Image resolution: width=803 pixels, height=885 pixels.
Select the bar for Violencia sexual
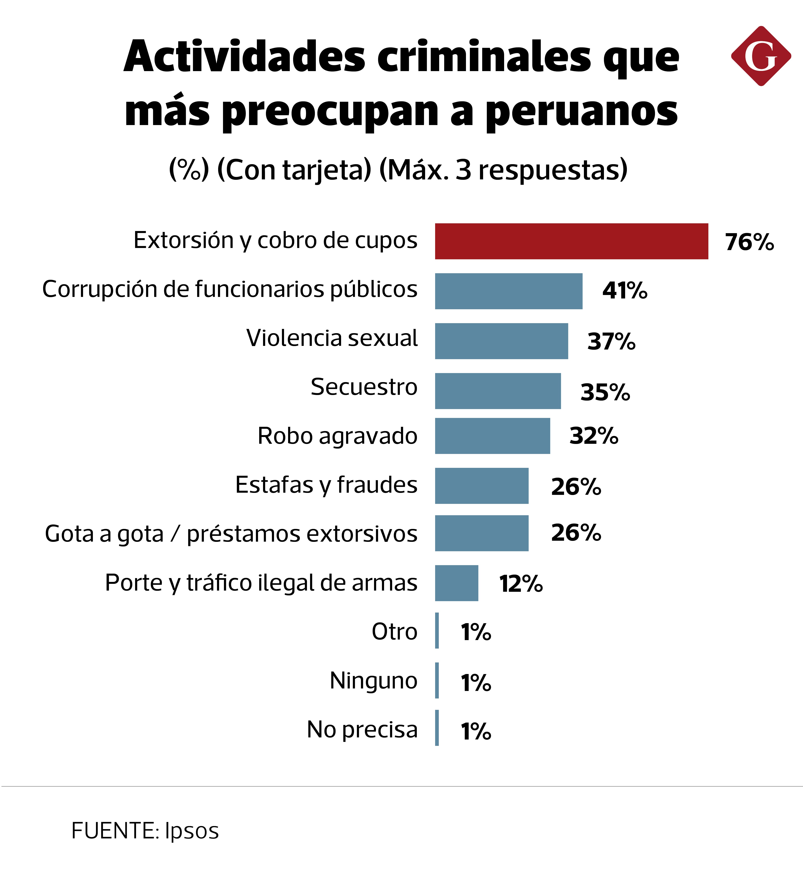[501, 341]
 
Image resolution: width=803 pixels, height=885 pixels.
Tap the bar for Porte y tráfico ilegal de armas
[457, 583]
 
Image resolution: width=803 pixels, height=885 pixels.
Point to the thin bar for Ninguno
[437, 680]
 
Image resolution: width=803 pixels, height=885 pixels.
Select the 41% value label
[624, 291]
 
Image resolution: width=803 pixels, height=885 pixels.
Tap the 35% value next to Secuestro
[605, 392]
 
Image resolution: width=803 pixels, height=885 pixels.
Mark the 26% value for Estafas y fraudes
[576, 486]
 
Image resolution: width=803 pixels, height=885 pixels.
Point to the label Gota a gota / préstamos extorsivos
[231, 534]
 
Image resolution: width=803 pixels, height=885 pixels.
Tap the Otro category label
[394, 632]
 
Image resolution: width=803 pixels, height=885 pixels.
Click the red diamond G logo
[761, 56]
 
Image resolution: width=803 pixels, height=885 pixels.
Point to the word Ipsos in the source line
[192, 830]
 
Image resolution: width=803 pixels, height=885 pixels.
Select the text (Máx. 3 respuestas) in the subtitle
[503, 170]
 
